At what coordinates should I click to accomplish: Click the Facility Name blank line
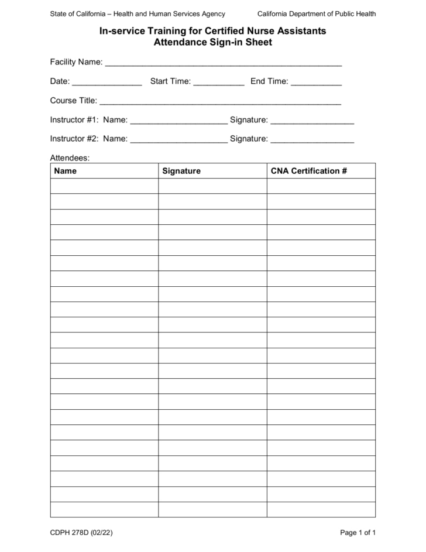pos(223,63)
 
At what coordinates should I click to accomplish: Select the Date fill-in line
pos(107,83)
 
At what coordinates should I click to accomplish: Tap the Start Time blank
pos(218,83)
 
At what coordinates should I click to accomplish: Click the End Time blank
pos(316,83)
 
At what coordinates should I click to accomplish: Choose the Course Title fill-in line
pos(221,102)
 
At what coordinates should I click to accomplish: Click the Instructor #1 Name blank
pos(178,121)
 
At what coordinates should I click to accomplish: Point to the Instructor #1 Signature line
pos(312,121)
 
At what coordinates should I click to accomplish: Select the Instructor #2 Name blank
pos(178,140)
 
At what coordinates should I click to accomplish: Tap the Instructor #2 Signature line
pos(312,140)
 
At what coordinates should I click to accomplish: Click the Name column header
pos(66,171)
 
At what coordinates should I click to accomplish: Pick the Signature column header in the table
pos(181,171)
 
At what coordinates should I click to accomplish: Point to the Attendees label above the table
pos(70,158)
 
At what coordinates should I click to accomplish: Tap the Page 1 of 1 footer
pos(358,533)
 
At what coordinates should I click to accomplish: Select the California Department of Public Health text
pos(317,14)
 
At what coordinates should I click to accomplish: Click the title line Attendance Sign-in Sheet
pos(212,42)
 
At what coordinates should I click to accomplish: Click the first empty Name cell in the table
pos(104,186)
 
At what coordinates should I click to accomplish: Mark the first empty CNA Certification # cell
pos(321,186)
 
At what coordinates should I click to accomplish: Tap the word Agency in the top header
pos(212,14)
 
